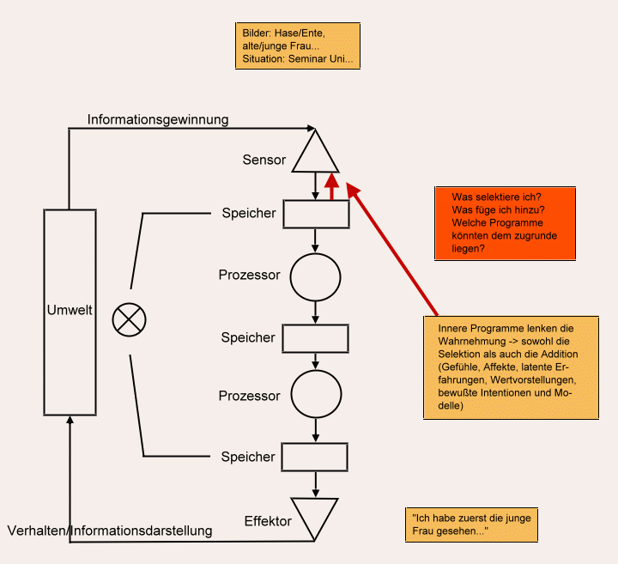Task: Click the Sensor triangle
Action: (316, 155)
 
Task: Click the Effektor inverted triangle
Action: (316, 515)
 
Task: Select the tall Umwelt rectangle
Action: (70, 361)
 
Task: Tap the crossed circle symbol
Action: (129, 321)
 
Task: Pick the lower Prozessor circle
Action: (316, 395)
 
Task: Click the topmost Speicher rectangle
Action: (316, 214)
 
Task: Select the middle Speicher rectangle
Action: (316, 338)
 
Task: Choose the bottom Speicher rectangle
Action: (316, 456)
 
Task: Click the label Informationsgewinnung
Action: (158, 119)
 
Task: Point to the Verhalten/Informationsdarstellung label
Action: (109, 531)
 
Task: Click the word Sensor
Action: (264, 160)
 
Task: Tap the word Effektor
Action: (267, 521)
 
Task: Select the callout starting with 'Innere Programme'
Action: (511, 368)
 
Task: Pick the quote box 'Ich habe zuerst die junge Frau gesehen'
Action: (471, 524)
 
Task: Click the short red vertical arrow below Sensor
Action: (331, 185)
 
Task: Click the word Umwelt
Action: (69, 310)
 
